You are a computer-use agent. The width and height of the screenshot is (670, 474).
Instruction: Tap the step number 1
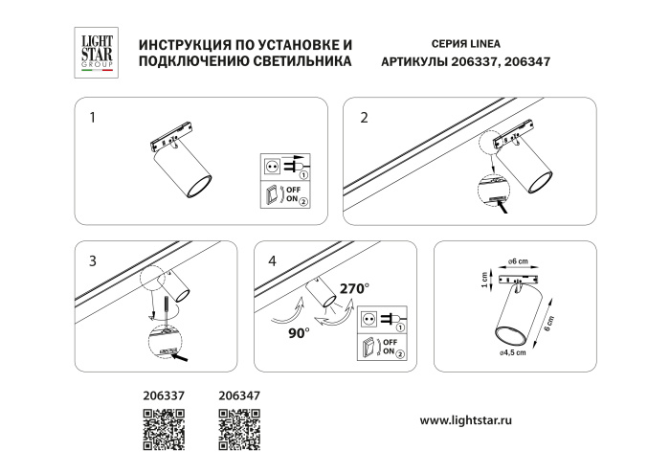point(92,120)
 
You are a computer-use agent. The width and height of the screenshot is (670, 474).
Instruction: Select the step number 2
point(364,120)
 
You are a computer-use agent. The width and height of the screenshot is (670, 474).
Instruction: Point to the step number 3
point(92,260)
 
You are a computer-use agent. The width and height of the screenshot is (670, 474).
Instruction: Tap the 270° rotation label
point(353,286)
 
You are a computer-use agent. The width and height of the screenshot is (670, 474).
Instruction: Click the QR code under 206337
point(162,426)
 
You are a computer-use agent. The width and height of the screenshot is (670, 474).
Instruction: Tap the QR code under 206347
point(239,426)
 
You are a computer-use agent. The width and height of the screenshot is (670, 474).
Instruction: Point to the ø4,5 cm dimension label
point(513,353)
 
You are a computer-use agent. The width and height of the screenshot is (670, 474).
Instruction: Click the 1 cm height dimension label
point(485,281)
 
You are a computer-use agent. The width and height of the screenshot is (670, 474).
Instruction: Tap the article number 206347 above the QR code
point(239,393)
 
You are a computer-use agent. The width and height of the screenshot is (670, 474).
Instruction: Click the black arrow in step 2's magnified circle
point(515,204)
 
